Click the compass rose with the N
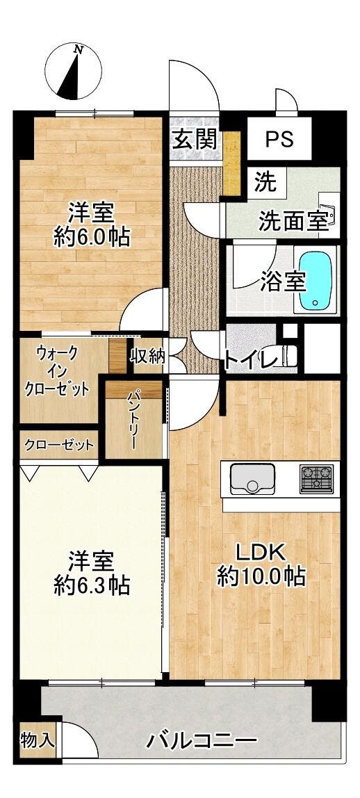pyautogui.click(x=73, y=72)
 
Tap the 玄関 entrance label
pyautogui.click(x=194, y=138)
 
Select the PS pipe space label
pyautogui.click(x=279, y=139)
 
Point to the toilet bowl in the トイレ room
pyautogui.click(x=288, y=355)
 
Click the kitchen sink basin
pyautogui.click(x=252, y=478)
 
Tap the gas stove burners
pyautogui.click(x=316, y=479)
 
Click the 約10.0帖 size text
pyautogui.click(x=261, y=576)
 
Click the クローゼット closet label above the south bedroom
pyautogui.click(x=59, y=445)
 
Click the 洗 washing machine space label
pyautogui.click(x=266, y=183)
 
